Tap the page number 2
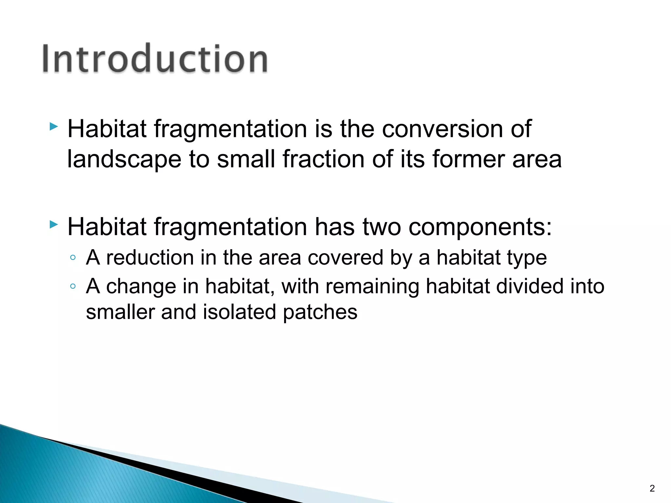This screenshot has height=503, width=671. click(x=652, y=489)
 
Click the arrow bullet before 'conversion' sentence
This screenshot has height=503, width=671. click(x=54, y=126)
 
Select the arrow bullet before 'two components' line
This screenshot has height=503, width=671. click(x=54, y=225)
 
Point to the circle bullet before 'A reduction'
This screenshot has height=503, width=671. click(x=73, y=257)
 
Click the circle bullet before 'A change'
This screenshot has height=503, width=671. click(x=73, y=287)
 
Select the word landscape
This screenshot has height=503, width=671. click(x=124, y=159)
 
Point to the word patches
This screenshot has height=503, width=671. click(x=320, y=313)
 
